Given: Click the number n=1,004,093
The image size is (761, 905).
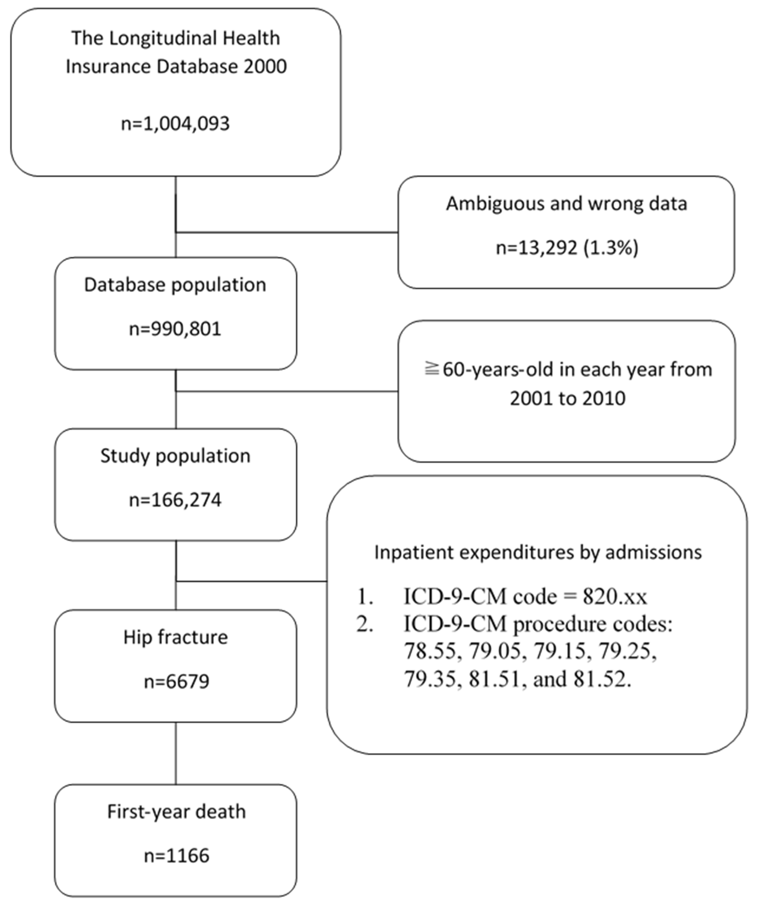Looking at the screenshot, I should (175, 124).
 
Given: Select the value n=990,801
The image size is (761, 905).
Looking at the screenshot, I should (175, 329).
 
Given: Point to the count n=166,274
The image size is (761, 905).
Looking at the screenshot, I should (175, 500).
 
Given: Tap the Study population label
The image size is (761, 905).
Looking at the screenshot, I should (175, 456).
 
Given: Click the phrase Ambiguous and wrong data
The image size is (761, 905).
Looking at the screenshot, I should (567, 204).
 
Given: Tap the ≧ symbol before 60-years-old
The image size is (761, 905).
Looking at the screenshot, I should (431, 370).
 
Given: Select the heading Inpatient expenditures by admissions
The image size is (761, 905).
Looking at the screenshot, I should (538, 552).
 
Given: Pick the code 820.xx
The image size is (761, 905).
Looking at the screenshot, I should (615, 597).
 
